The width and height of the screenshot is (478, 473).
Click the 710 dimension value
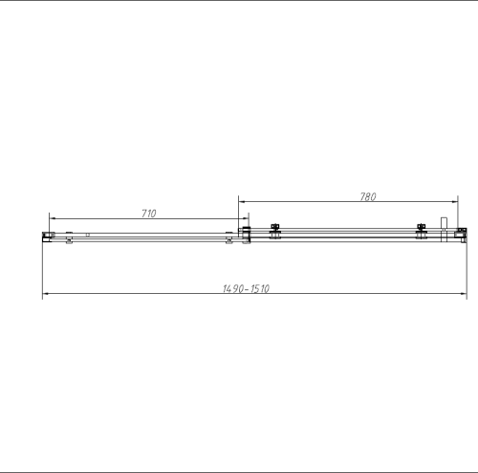[149, 214]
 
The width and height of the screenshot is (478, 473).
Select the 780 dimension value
[367, 197]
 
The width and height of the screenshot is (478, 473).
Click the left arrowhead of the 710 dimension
[53, 219]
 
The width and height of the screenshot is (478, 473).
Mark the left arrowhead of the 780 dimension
[241, 203]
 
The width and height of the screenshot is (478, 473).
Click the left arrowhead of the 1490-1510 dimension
[45, 294]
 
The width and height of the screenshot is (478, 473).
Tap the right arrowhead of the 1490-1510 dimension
[464, 294]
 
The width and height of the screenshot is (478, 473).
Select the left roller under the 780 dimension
[275, 232]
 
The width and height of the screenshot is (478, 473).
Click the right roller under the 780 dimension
[422, 232]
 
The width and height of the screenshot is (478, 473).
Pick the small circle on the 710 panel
[87, 233]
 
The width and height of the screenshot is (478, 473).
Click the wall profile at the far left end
[43, 235]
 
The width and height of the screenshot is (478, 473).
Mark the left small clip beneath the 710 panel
[69, 240]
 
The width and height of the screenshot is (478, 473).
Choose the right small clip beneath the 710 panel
[228, 240]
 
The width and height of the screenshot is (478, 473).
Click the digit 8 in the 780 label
[367, 197]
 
